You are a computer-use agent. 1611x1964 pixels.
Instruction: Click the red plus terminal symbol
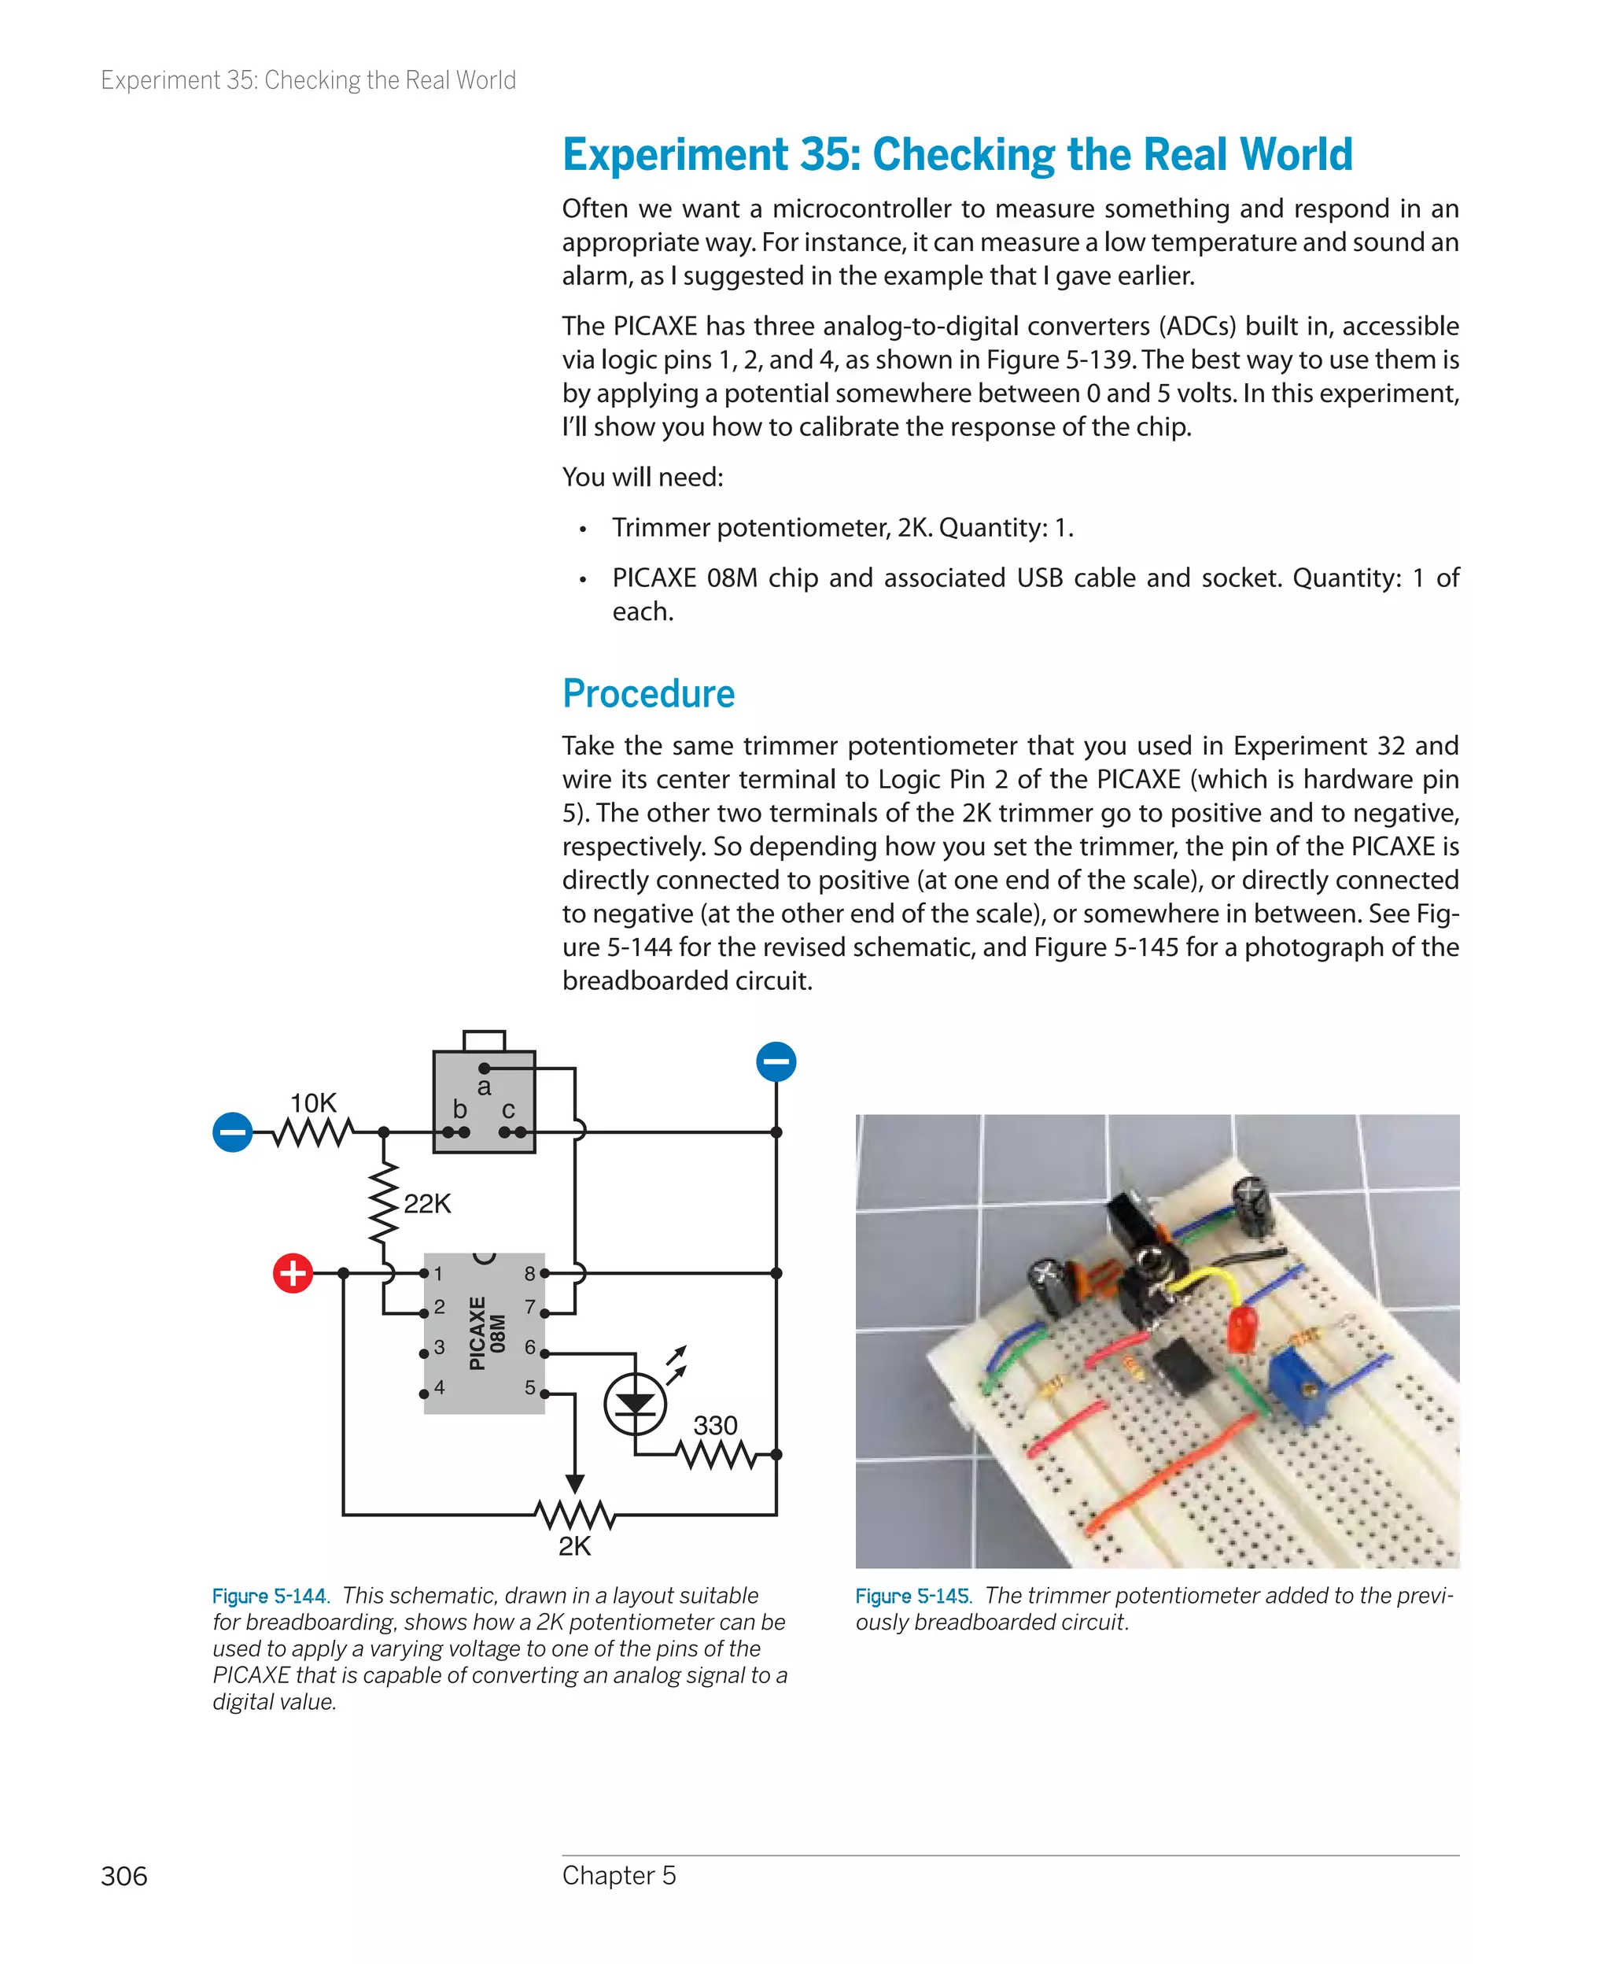(x=293, y=1272)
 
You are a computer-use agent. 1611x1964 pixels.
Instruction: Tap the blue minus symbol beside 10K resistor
(x=232, y=1132)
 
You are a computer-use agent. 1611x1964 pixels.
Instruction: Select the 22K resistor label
(x=427, y=1204)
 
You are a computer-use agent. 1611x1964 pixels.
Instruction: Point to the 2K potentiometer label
(x=574, y=1545)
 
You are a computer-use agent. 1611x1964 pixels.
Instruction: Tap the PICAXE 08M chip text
(x=486, y=1333)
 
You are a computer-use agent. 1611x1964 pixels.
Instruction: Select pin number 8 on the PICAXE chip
(x=530, y=1273)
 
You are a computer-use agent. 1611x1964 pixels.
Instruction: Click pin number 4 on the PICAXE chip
(x=439, y=1387)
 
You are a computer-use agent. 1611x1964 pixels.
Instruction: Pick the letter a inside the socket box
(x=484, y=1087)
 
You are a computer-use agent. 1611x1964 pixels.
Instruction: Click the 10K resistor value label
(x=313, y=1102)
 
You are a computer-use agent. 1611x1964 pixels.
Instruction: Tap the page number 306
(x=123, y=1876)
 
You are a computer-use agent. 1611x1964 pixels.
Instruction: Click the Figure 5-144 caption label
(x=269, y=1596)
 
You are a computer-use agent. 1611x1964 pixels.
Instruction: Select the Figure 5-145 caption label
(x=912, y=1596)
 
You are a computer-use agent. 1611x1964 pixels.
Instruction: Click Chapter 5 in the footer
(x=619, y=1875)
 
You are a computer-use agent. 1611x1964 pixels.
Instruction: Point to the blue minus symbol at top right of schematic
(x=776, y=1061)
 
